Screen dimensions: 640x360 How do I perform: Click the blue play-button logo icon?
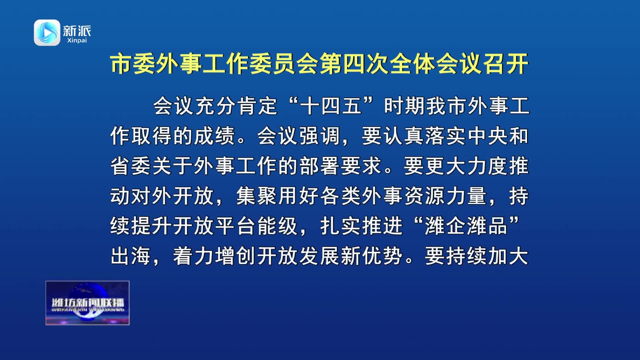pos(47,32)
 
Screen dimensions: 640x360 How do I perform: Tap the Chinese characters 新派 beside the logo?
pos(77,31)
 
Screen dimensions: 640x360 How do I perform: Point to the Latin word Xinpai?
pos(77,40)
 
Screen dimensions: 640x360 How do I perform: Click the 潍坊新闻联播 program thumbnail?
pos(87,303)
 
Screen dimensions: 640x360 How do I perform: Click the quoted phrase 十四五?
pos(331,106)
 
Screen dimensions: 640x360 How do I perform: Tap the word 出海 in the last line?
pos(131,256)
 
